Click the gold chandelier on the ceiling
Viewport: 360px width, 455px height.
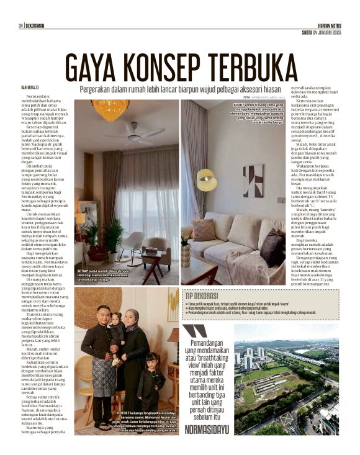click(110, 110)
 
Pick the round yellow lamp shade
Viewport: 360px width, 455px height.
click(207, 179)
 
